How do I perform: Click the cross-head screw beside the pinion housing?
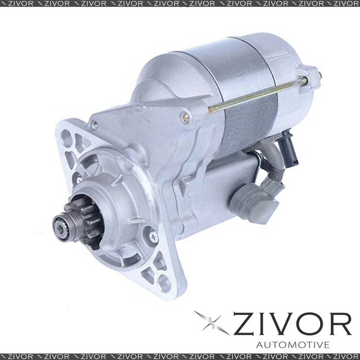[x=152, y=239]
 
